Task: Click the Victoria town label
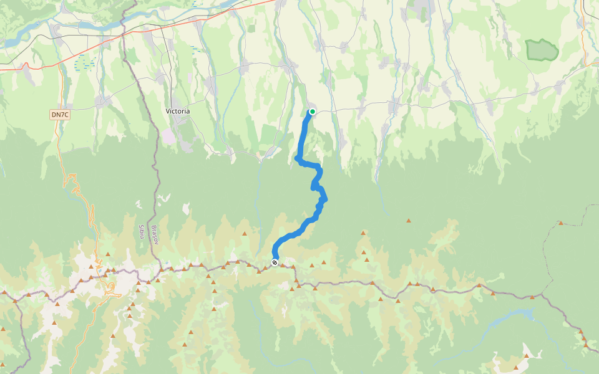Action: [x=178, y=111]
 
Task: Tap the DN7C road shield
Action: [x=59, y=115]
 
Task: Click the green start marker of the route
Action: [x=313, y=112]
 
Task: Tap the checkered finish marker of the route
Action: [x=275, y=262]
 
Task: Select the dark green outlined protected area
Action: [x=541, y=50]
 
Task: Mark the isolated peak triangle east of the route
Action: [x=409, y=221]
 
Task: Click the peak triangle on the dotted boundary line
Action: [x=561, y=223]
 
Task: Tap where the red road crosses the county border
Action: [x=125, y=35]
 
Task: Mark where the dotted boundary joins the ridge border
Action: [x=542, y=294]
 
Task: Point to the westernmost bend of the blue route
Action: [x=296, y=159]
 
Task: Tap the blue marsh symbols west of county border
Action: [x=84, y=62]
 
